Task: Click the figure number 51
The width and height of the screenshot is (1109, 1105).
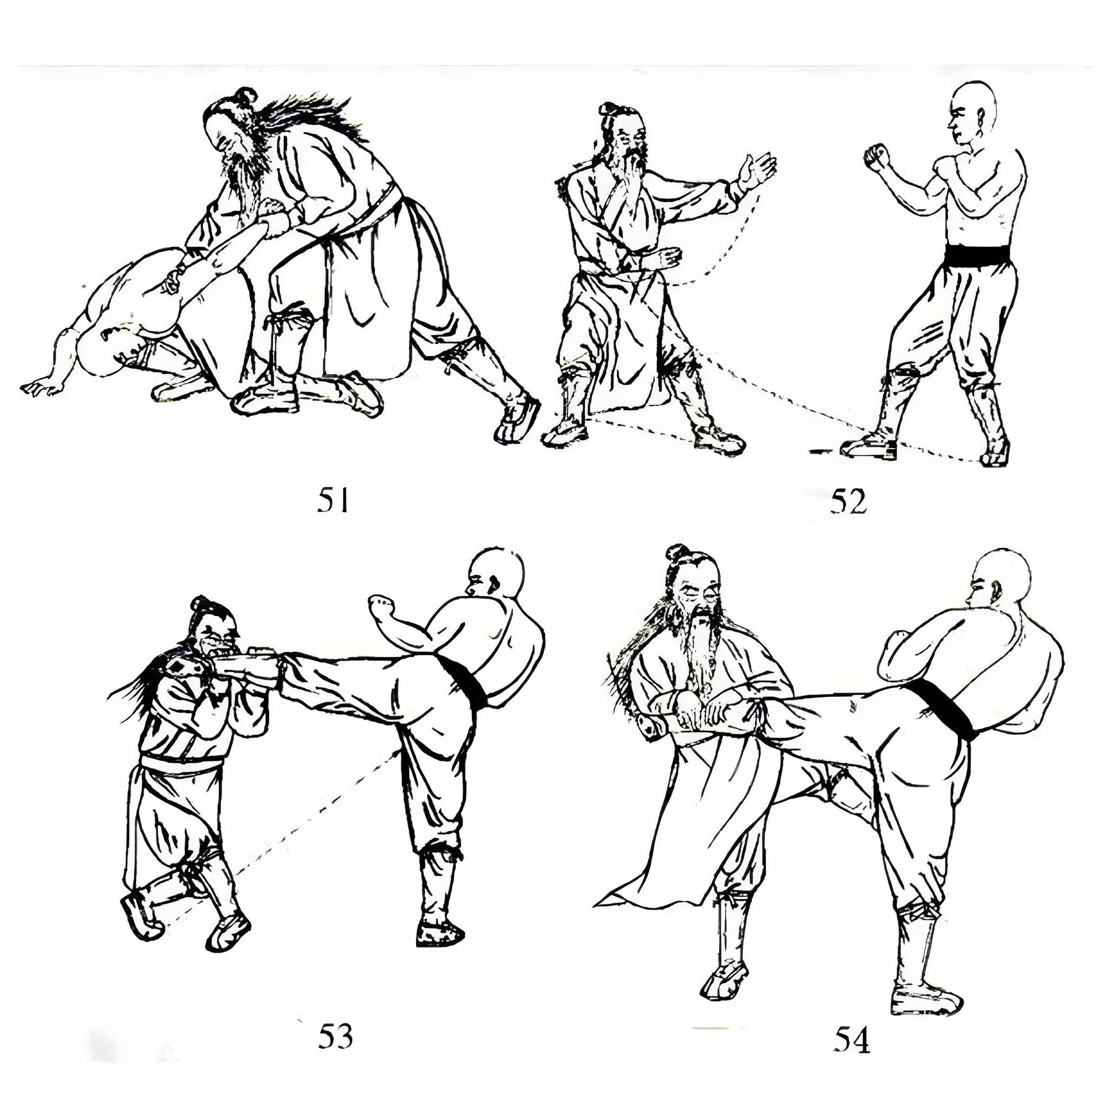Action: [x=333, y=501]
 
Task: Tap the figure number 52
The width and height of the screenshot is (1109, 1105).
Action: [x=848, y=502]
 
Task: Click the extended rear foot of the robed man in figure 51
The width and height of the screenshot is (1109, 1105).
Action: [x=518, y=419]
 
